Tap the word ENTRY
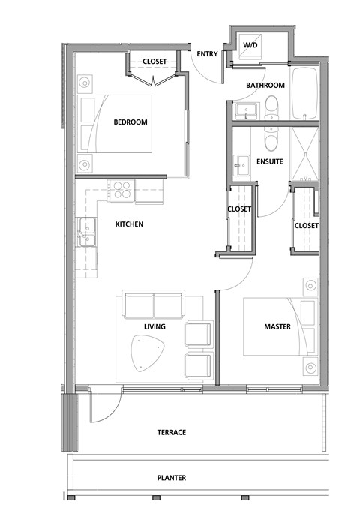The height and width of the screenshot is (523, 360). click(206, 54)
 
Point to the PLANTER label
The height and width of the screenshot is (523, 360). click(171, 478)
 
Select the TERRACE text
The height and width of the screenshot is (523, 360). click(171, 433)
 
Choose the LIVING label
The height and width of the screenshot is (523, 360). click(154, 327)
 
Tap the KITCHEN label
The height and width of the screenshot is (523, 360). click(129, 224)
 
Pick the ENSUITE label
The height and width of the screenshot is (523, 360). click(269, 161)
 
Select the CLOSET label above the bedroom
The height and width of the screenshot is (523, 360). click(154, 62)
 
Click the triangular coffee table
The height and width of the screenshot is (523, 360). click(148, 352)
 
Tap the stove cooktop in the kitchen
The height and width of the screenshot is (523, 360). click(121, 189)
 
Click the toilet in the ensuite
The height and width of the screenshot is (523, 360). click(271, 140)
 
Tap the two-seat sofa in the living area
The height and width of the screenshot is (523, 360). click(154, 306)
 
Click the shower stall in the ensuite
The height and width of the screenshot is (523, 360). click(305, 156)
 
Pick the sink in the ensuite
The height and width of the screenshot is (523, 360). click(241, 163)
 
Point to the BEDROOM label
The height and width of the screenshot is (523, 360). click(130, 123)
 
